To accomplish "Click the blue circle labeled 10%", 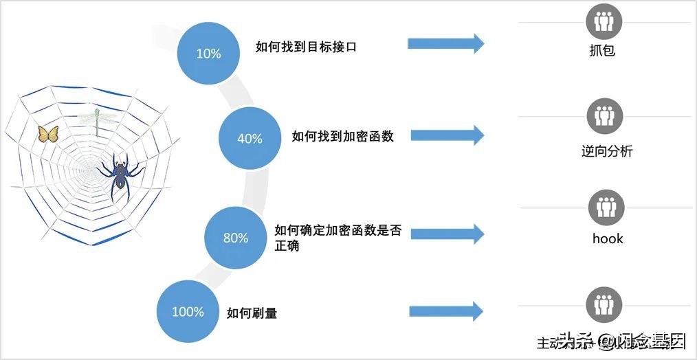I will [208, 53].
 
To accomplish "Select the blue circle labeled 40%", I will [250, 138].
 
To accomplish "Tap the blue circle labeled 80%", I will [236, 238].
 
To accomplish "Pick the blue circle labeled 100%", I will [188, 311].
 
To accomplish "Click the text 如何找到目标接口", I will [306, 47].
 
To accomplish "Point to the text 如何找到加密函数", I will [342, 136].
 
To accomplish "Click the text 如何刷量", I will [252, 313].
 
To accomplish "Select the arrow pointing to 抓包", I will [445, 44].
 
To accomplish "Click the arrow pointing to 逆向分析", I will [446, 134].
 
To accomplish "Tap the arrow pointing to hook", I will [446, 234].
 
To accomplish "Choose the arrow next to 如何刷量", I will [446, 311].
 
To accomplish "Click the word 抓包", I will [602, 50].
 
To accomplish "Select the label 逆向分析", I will [606, 151].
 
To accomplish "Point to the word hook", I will [608, 238].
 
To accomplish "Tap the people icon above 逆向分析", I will [605, 115].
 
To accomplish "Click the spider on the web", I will [122, 175].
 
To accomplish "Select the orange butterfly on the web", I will [48, 134].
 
